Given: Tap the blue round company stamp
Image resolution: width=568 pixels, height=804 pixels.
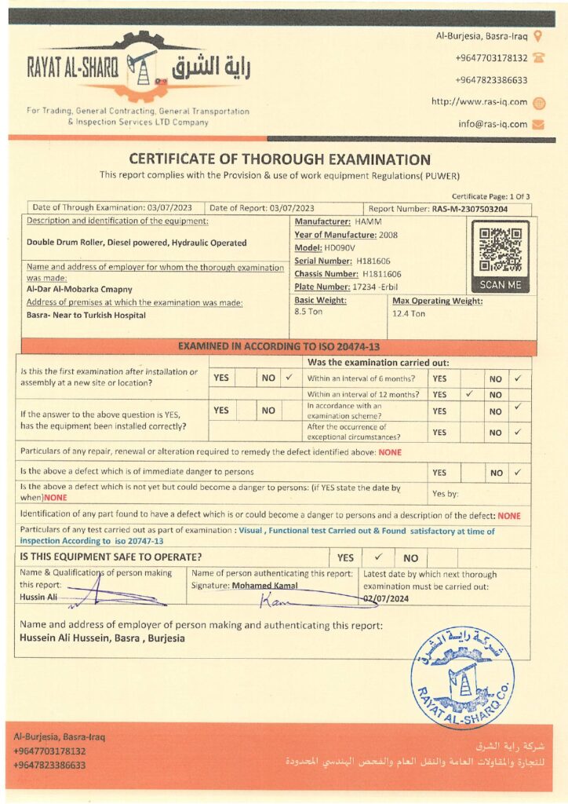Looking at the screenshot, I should (x=462, y=677).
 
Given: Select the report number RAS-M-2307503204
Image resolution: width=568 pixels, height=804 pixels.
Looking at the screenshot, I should (x=469, y=209).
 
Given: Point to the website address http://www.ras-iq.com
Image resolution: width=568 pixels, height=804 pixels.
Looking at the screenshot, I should (x=479, y=102).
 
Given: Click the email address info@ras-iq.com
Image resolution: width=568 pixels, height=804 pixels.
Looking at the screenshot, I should (x=493, y=124).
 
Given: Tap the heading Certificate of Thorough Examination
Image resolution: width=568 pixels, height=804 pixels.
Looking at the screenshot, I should (x=279, y=159).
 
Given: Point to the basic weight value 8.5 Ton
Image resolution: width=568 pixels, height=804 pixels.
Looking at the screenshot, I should (x=308, y=312).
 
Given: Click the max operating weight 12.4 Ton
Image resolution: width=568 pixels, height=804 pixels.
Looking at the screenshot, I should (x=409, y=314).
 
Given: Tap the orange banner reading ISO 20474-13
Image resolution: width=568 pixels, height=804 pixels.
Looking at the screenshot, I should (x=279, y=345).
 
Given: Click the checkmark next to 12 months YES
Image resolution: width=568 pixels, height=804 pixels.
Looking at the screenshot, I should (x=469, y=394).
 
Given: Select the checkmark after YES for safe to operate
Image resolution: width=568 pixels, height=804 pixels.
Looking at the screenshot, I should (x=377, y=557).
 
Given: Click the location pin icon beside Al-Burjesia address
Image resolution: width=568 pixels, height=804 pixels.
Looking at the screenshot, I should (x=537, y=35).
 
